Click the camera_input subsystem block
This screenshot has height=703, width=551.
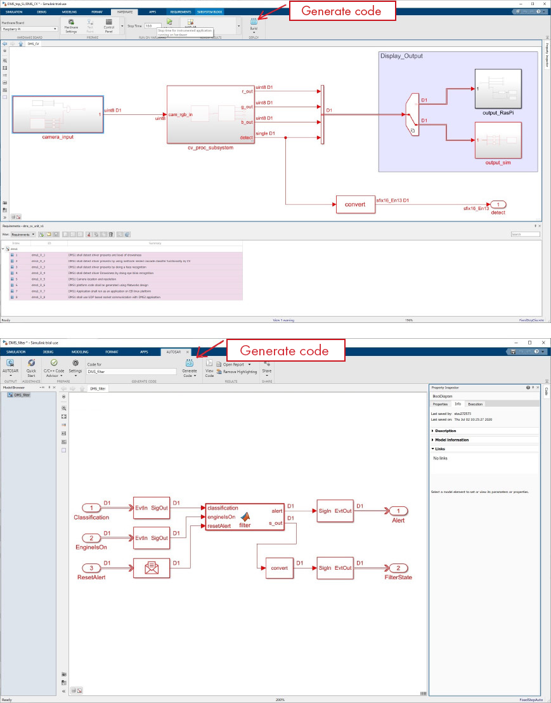[58, 115]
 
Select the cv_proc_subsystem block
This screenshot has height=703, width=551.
[211, 115]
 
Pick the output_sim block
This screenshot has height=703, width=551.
[498, 140]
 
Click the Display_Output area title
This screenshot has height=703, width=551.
[401, 56]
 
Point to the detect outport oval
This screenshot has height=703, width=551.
[498, 204]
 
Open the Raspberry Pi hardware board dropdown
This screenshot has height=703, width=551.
[30, 29]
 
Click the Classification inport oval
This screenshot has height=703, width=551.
[93, 509]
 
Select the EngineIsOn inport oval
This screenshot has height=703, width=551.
[93, 538]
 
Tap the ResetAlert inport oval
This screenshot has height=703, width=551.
[93, 567]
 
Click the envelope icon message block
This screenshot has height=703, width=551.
[151, 567]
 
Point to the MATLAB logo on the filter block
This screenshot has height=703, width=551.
[243, 515]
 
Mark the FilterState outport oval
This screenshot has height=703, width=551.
[398, 567]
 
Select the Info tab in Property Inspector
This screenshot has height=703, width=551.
[458, 404]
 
